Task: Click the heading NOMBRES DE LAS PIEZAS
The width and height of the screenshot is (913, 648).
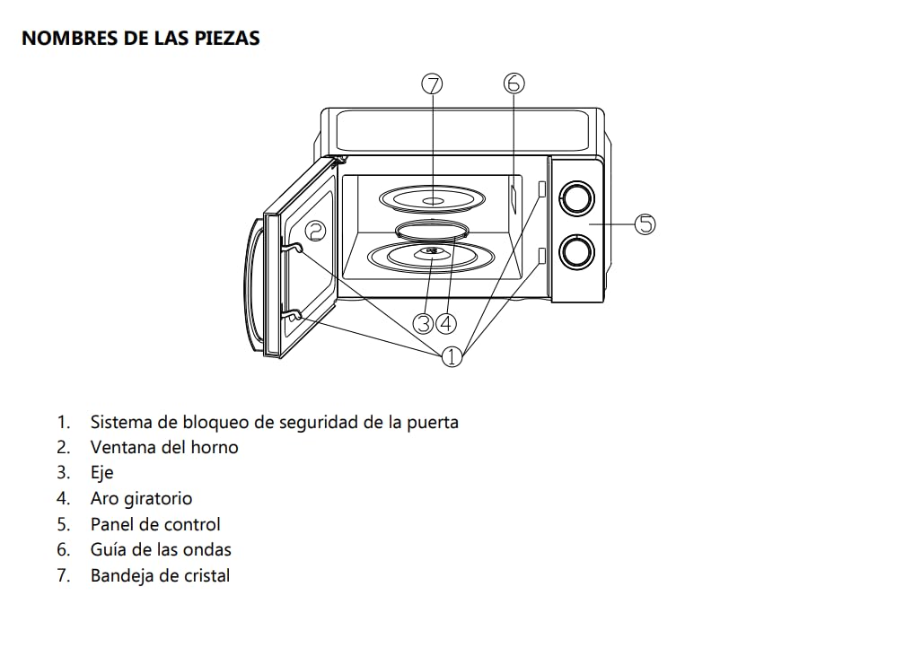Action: pos(140,39)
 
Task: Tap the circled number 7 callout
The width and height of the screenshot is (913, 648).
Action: pos(432,84)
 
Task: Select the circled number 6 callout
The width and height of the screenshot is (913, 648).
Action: pos(513,83)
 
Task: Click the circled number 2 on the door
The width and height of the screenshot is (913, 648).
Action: pos(315,231)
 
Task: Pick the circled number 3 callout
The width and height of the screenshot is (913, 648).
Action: pos(424,322)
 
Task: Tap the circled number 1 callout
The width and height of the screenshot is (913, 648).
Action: pos(452,356)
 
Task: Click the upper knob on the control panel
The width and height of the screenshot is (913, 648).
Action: pos(576,197)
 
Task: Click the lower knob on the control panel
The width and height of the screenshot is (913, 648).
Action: pos(576,252)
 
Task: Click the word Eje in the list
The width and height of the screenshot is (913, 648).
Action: pos(101,473)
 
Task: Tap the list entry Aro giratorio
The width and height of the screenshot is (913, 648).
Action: pos(141,498)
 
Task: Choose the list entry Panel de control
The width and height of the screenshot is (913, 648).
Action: pos(154,524)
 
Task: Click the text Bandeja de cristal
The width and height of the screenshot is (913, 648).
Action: pos(160,576)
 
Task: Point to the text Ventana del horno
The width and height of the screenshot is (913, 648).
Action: pos(164,447)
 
